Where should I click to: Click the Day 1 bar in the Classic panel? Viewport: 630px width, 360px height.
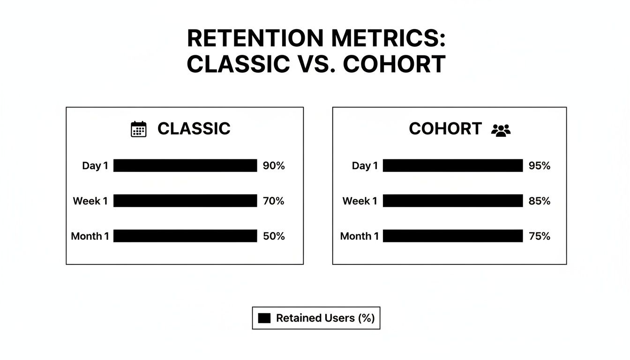tap(185, 165)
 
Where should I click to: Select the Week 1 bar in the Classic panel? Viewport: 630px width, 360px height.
tap(185, 201)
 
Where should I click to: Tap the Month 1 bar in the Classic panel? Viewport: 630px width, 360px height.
tap(185, 236)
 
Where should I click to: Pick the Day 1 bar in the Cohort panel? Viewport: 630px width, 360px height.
tap(453, 165)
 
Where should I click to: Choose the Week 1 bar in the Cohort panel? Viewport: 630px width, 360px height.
tap(453, 201)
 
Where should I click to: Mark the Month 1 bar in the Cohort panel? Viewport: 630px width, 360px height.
tap(453, 236)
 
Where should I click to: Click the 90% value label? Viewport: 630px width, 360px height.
tap(274, 165)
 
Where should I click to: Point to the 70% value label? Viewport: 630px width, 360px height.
tap(274, 201)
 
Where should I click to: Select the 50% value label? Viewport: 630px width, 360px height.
tap(274, 236)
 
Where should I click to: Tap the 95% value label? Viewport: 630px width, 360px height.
tap(539, 165)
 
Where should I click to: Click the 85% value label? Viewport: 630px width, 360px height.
tap(539, 201)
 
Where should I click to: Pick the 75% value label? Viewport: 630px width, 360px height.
tap(539, 236)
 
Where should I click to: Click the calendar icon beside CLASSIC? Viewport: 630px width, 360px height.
tap(138, 129)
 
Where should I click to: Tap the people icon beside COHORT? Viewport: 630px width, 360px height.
tap(501, 129)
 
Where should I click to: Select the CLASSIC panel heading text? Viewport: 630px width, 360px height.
tap(194, 129)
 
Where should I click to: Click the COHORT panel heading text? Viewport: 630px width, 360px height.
tap(445, 129)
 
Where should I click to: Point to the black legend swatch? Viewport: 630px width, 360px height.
tap(264, 318)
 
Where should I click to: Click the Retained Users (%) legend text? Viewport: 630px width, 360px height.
tap(325, 318)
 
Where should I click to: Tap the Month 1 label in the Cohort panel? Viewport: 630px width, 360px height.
tap(359, 236)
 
